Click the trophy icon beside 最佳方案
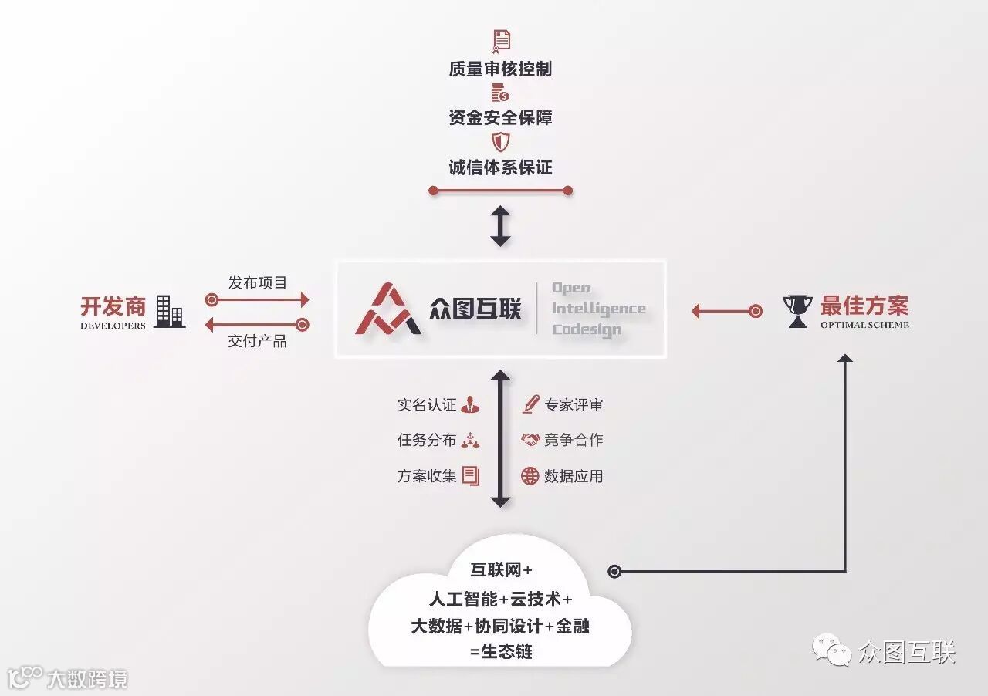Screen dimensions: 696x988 tap(797, 310)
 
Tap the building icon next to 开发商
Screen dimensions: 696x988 tap(169, 311)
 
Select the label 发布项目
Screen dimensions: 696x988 tap(258, 283)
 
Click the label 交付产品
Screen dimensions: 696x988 tap(258, 341)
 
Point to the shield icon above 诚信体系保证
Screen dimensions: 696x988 tap(501, 142)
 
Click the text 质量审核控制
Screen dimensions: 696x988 tap(500, 69)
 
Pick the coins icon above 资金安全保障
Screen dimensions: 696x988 tap(501, 93)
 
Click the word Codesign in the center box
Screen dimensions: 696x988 tap(586, 329)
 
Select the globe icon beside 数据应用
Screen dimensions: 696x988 tap(530, 476)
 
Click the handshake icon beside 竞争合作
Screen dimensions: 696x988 tap(530, 440)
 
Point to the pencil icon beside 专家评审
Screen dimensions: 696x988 tap(530, 404)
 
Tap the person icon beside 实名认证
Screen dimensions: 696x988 tap(470, 405)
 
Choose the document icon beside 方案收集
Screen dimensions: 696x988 tap(471, 476)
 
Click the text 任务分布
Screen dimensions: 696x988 tap(427, 441)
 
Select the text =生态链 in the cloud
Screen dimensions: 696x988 tap(501, 651)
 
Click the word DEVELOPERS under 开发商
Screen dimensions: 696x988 tap(113, 326)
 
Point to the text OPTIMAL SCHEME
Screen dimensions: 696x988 tap(864, 325)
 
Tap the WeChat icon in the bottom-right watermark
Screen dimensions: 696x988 tap(831, 653)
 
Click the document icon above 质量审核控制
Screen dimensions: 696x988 tap(501, 40)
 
